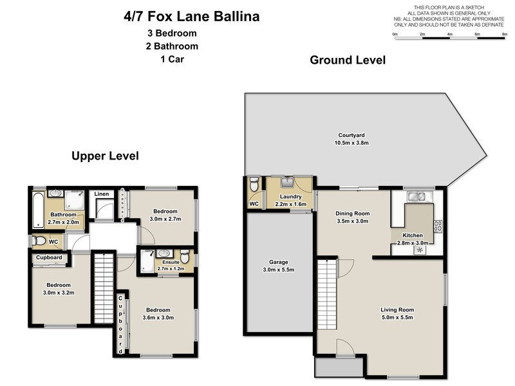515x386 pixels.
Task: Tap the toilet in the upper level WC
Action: click(40, 242)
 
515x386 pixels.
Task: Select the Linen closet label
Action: click(102, 194)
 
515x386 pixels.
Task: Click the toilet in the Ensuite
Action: click(185, 257)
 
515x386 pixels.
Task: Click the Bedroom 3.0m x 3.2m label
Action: click(57, 289)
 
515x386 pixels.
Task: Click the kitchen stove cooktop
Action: click(438, 226)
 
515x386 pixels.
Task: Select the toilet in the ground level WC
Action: click(254, 185)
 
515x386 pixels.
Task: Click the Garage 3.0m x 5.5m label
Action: click(279, 266)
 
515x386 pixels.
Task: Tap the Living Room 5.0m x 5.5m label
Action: click(397, 314)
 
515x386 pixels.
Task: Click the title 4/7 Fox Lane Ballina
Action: click(191, 16)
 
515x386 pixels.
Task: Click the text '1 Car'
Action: click(171, 60)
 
